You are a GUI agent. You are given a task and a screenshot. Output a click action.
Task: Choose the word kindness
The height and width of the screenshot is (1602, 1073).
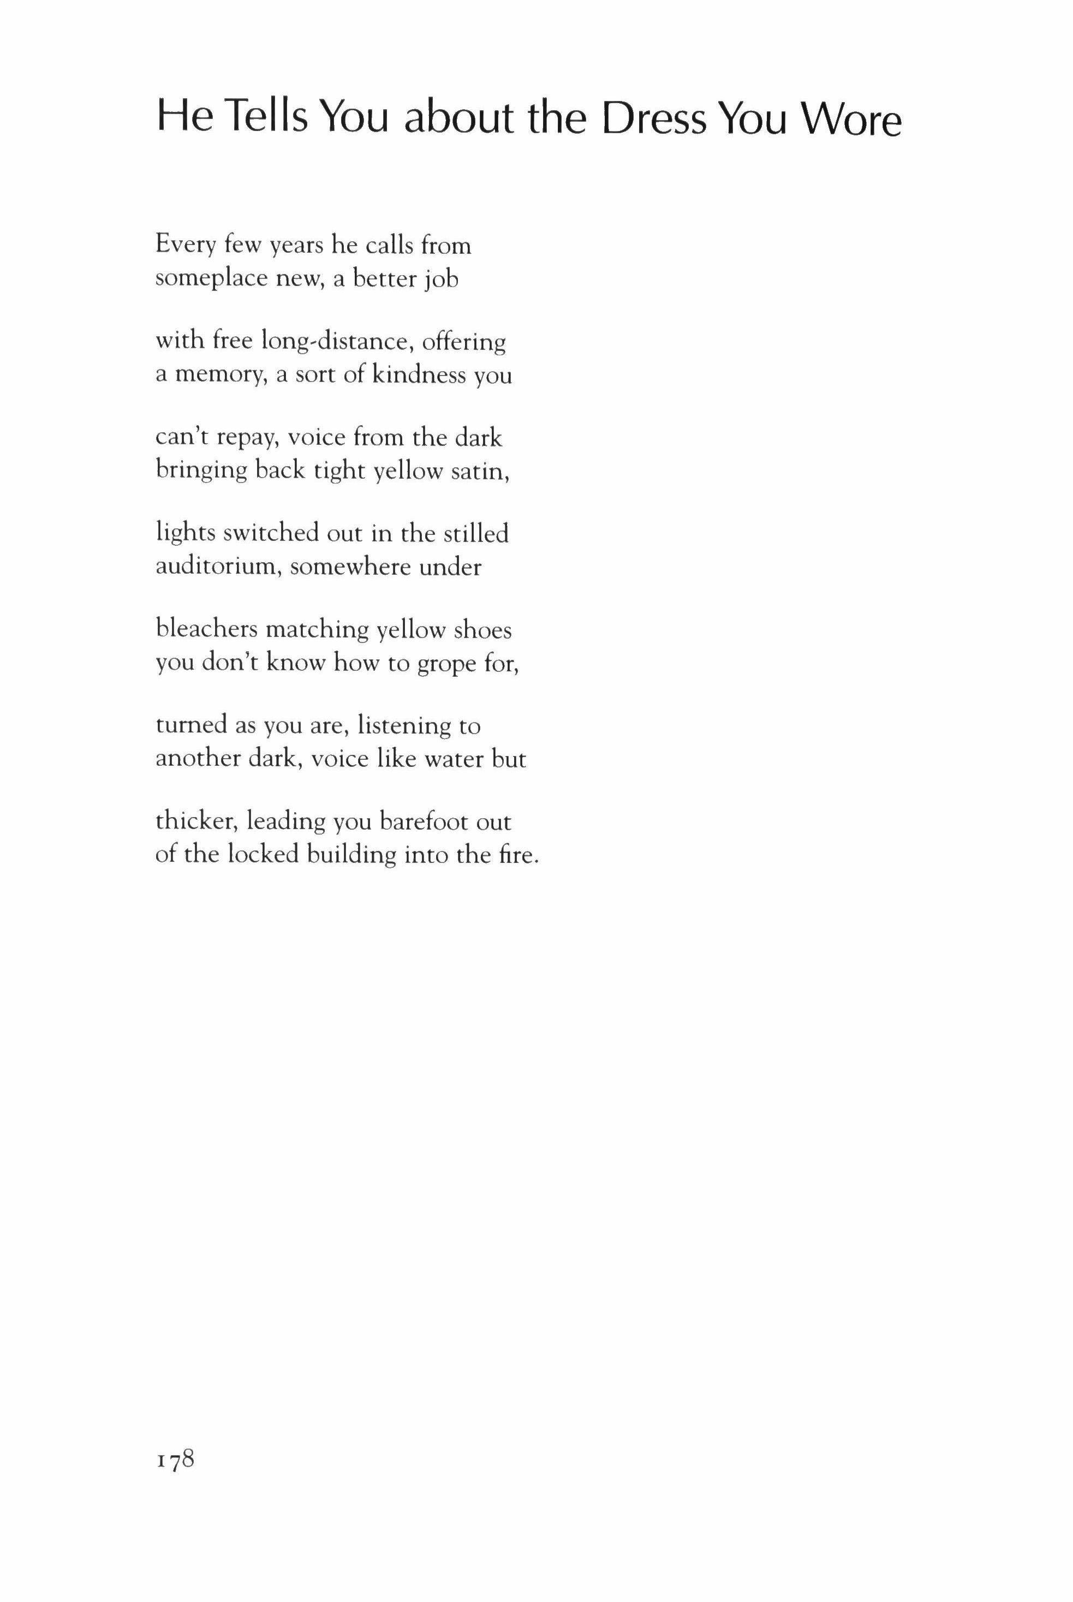point(419,376)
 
